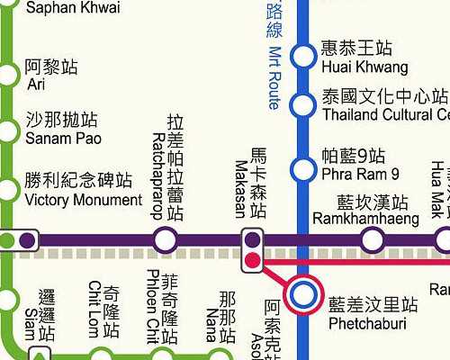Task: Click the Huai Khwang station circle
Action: [x=303, y=57]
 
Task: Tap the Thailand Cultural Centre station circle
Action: [x=303, y=105]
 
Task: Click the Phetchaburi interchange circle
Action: [x=302, y=292]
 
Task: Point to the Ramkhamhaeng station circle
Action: [x=372, y=240]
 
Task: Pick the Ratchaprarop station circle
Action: [x=165, y=240]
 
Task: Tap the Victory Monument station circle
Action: [x=9, y=191]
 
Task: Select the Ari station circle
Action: [x=9, y=74]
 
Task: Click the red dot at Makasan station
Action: [x=253, y=261]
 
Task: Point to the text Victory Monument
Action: [x=83, y=200]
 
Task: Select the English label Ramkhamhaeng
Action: [x=366, y=219]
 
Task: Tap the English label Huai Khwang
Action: [x=364, y=67]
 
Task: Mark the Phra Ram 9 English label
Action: [x=360, y=175]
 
